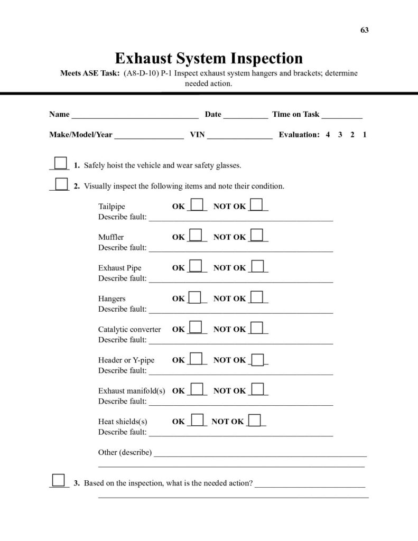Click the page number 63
coord(365,30)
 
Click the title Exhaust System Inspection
coord(209,58)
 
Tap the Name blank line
coord(135,115)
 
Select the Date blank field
coord(245,115)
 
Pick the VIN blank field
coord(239,136)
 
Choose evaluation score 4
coord(328,135)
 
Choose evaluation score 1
coord(365,135)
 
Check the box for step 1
coord(61,163)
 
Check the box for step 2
coord(61,183)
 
